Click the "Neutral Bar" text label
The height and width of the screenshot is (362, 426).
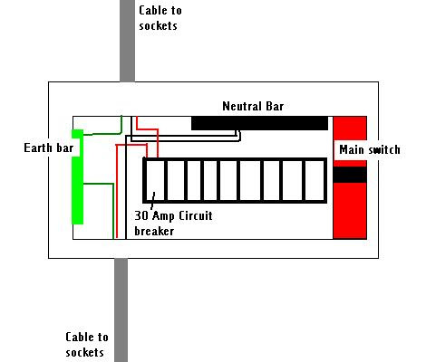click(x=253, y=106)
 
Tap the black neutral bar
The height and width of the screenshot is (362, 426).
click(x=259, y=123)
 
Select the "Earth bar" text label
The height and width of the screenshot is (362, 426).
click(x=49, y=148)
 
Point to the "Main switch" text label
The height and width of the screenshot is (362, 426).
click(x=370, y=149)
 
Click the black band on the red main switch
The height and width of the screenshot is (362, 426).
click(x=350, y=175)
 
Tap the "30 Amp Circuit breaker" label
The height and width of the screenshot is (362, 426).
click(x=173, y=224)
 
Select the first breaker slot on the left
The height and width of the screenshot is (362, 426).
click(x=155, y=180)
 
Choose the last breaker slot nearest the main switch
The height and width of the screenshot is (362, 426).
click(x=315, y=180)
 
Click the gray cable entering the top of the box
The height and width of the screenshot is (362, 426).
click(x=127, y=41)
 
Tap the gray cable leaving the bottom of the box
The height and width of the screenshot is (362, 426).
click(x=121, y=310)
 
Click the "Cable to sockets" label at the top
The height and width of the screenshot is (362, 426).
click(x=160, y=18)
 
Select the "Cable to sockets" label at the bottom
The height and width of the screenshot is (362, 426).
click(x=87, y=345)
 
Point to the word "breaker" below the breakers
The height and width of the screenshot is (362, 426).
click(x=154, y=232)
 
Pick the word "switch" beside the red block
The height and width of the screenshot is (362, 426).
click(x=382, y=149)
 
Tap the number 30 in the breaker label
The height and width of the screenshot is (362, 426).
click(x=141, y=216)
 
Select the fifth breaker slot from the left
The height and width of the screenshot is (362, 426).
click(x=229, y=180)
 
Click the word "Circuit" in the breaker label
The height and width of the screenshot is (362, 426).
click(x=196, y=216)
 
